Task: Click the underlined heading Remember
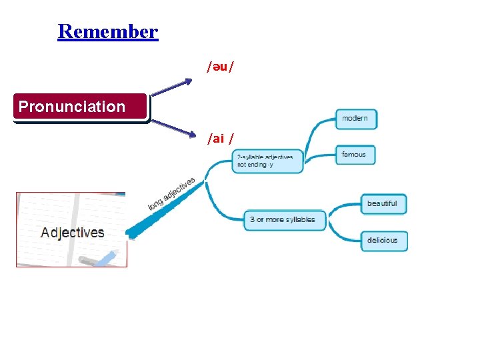108,31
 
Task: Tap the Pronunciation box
80,107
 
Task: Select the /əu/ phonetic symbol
219,67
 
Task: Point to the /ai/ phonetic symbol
220,138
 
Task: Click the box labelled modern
356,119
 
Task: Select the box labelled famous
355,155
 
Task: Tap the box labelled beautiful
383,203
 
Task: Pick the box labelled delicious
383,241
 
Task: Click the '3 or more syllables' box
284,219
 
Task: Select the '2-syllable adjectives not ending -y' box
267,161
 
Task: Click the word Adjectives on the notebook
73,233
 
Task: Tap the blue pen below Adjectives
107,257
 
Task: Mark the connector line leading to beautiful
345,207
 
